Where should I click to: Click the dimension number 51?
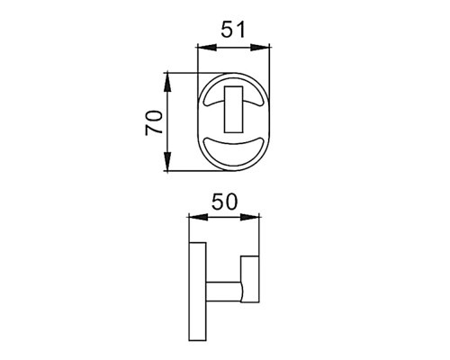coord(233,29)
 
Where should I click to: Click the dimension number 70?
coord(154,122)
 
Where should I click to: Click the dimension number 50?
coord(224,202)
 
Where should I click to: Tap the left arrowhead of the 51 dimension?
coord(207,47)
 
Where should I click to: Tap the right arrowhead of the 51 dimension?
coord(260,47)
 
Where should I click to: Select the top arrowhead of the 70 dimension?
coord(167,82)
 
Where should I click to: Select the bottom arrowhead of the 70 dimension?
coord(167,161)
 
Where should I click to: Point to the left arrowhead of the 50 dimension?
coord(198,217)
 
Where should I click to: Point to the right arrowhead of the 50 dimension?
coord(249,217)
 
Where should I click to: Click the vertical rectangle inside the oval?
coord(233,110)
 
